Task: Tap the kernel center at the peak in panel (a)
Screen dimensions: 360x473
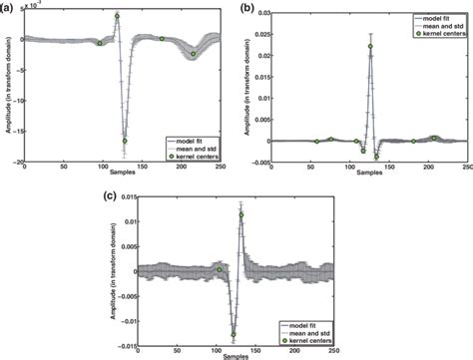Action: [117, 16]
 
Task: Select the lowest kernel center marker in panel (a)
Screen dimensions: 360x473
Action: [125, 141]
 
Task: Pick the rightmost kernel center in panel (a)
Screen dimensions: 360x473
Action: [194, 53]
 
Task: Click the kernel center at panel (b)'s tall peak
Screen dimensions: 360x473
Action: [370, 46]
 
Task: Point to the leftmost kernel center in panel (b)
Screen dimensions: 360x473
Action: [316, 141]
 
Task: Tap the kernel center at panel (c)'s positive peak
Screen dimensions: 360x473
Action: [241, 214]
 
